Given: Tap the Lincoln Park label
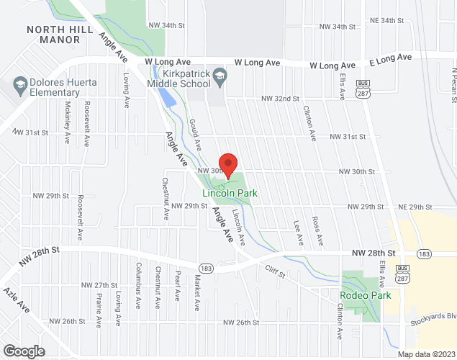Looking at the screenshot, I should pos(230,193).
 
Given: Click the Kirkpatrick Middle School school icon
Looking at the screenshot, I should pos(220,76).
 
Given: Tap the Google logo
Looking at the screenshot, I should pos(23,351).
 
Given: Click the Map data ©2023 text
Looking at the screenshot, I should pos(427,354).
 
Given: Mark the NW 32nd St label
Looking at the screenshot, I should pos(279,98).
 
